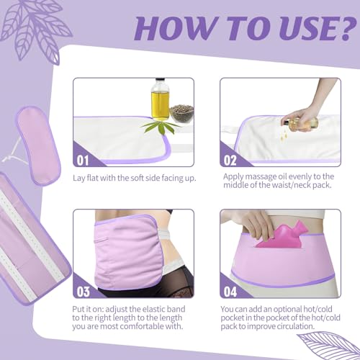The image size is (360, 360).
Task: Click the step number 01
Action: click(x=83, y=160)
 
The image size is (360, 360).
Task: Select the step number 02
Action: click(x=230, y=160)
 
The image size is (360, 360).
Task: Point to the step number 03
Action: click(x=83, y=292)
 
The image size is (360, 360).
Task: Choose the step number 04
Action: click(x=230, y=292)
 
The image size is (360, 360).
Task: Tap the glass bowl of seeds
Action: click(x=181, y=113)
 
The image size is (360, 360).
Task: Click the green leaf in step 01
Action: click(x=161, y=127)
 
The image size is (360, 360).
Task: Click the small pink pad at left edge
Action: click(x=38, y=145)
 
